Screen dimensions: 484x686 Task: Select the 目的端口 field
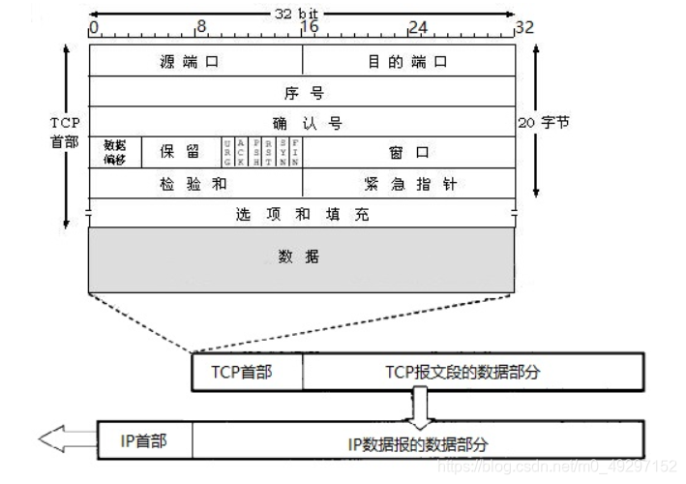(408, 62)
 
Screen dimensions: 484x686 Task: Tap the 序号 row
(302, 93)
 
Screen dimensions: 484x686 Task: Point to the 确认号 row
(302, 124)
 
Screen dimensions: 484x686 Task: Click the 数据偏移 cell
(115, 152)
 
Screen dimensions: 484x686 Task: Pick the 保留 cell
(181, 152)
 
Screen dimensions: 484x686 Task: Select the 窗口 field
(408, 152)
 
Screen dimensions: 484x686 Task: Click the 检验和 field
(194, 183)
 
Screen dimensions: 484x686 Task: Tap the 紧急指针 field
(408, 183)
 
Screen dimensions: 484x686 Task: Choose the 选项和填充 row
(302, 213)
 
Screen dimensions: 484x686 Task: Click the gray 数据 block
(302, 257)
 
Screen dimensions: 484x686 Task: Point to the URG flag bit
(227, 152)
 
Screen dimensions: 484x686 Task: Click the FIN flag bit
(295, 152)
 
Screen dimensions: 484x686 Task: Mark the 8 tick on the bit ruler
(200, 28)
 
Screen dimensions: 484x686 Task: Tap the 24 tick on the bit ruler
(417, 28)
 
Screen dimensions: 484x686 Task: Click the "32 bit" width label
(303, 13)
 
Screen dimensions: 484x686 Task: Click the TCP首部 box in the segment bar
(247, 370)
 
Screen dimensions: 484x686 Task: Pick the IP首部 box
(144, 440)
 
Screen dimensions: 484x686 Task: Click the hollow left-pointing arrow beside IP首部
(64, 440)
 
